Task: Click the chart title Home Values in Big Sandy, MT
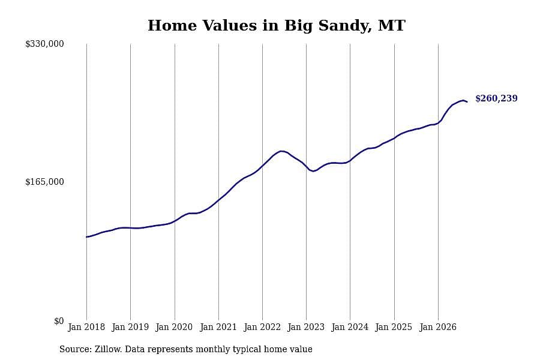(277, 26)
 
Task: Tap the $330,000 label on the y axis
(44, 44)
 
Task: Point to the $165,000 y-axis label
(44, 182)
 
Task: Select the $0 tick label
(59, 321)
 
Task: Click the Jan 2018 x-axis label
(86, 327)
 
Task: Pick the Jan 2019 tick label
(130, 327)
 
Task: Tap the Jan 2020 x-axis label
(174, 327)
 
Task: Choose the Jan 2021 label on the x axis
(218, 327)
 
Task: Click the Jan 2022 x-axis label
(262, 327)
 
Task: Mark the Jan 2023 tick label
(306, 327)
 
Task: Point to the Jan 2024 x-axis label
(350, 327)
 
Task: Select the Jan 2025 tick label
(394, 327)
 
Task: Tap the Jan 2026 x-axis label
(438, 327)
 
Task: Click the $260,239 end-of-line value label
(496, 98)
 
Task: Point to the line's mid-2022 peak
(282, 151)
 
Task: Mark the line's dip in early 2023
(313, 171)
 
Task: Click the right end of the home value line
(467, 101)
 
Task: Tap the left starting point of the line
(86, 237)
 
